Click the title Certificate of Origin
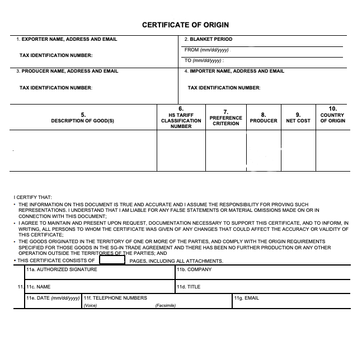(185, 25)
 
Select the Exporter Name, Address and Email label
(67, 39)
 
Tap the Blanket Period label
(208, 39)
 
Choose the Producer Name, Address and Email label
(67, 71)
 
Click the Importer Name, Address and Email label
(234, 71)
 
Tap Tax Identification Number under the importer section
(224, 88)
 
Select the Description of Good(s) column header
(83, 118)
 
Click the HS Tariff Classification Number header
(181, 117)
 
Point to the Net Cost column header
(298, 118)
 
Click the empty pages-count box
(111, 260)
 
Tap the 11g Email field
(291, 301)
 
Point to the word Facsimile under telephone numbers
(166, 305)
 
